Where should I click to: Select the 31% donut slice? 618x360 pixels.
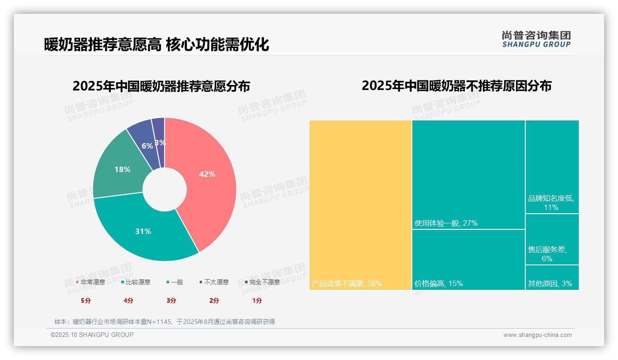coord(143,231)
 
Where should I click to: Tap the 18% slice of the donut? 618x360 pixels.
coord(122,169)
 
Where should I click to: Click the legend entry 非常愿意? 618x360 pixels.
coord(90,282)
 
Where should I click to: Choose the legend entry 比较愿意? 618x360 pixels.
coord(136,282)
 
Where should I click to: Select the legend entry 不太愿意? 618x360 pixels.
coord(214,282)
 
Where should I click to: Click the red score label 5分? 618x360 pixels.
coord(86,300)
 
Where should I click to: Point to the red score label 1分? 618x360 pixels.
coord(257,300)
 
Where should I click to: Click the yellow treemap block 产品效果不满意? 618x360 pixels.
coord(360,205)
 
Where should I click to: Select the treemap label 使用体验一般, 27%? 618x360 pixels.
coord(446,223)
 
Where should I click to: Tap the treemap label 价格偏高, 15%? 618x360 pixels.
coord(438,283)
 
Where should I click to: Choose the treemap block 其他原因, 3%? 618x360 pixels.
coord(552,278)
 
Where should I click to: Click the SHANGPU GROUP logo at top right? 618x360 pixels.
coord(536,39)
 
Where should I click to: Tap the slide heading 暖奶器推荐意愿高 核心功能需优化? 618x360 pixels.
coord(156,44)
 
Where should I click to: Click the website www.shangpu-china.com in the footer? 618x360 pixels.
coord(537,335)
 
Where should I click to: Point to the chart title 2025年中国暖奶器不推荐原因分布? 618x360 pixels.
coord(456,86)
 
